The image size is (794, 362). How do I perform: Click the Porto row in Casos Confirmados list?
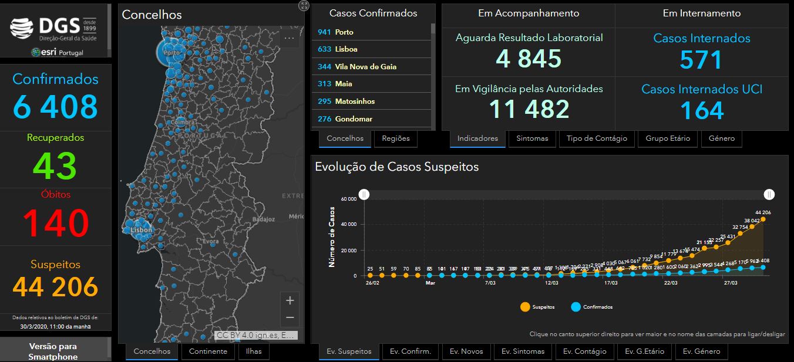click(x=371, y=32)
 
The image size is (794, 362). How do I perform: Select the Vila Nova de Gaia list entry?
click(x=371, y=66)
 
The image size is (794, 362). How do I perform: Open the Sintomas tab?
click(x=532, y=138)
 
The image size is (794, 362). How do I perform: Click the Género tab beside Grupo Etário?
click(x=721, y=138)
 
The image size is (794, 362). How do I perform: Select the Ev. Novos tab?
click(x=466, y=351)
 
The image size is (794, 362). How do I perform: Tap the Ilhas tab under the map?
click(x=254, y=351)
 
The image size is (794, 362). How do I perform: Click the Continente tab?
click(x=208, y=351)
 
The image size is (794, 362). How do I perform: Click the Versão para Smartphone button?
click(x=53, y=351)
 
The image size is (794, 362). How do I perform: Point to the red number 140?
click(x=56, y=223)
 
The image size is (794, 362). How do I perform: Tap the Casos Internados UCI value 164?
click(x=702, y=110)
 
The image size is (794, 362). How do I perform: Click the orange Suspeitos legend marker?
click(x=524, y=307)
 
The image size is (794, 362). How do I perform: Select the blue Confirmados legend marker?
click(x=576, y=307)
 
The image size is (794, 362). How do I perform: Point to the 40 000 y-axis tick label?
click(x=348, y=224)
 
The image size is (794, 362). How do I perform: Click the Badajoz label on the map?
click(x=263, y=219)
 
